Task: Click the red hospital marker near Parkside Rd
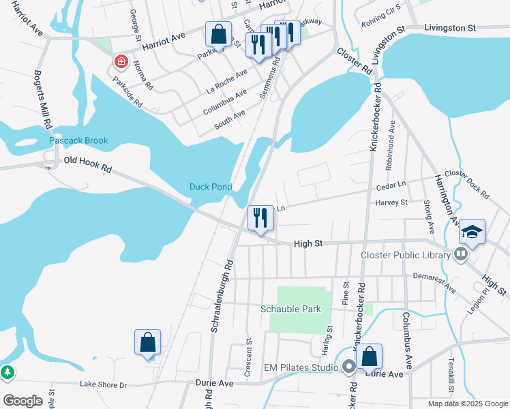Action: [x=121, y=62]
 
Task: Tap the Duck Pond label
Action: [x=211, y=187]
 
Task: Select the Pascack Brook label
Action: [x=78, y=141]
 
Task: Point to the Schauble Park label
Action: [x=290, y=309]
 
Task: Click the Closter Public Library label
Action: [x=405, y=256]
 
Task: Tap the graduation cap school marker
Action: [x=472, y=232]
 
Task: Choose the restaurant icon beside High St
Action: [x=260, y=218]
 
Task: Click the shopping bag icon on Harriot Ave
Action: [x=219, y=34]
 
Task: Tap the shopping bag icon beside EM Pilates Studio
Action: [x=369, y=356]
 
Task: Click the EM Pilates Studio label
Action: [x=301, y=368]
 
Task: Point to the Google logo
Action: [x=22, y=401]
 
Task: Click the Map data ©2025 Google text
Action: [x=467, y=404]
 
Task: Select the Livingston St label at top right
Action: [x=449, y=28]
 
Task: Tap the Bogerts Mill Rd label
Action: [x=42, y=100]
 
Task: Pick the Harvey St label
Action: [x=391, y=202]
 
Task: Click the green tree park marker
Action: [x=7, y=373]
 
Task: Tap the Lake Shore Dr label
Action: [x=104, y=385]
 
